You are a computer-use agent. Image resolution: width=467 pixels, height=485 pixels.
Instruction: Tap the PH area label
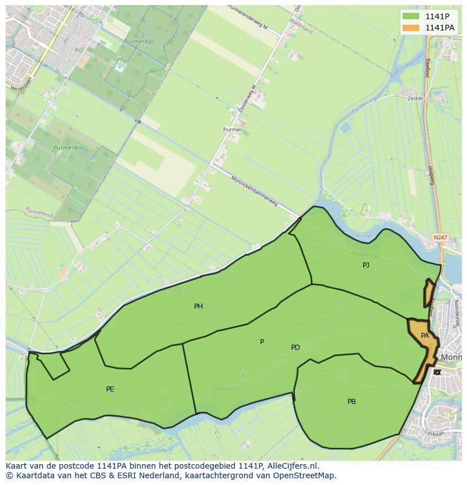pyautogui.click(x=199, y=306)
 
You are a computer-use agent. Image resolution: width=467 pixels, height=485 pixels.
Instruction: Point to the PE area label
pyautogui.click(x=110, y=389)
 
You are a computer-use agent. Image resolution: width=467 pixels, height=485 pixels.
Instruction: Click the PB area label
pyautogui.click(x=351, y=402)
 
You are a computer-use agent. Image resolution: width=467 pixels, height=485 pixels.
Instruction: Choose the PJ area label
pyautogui.click(x=366, y=265)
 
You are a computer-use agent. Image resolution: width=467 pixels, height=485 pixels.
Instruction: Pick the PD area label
pyautogui.click(x=296, y=348)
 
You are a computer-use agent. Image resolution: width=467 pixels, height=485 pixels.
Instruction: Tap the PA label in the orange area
pyautogui.click(x=425, y=336)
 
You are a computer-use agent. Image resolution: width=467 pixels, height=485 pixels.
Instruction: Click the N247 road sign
pyautogui.click(x=440, y=238)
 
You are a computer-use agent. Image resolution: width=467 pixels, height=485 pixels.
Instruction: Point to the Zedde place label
pyautogui.click(x=415, y=98)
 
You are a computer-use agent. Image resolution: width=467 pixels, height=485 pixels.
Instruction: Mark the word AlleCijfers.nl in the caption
pyautogui.click(x=292, y=466)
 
